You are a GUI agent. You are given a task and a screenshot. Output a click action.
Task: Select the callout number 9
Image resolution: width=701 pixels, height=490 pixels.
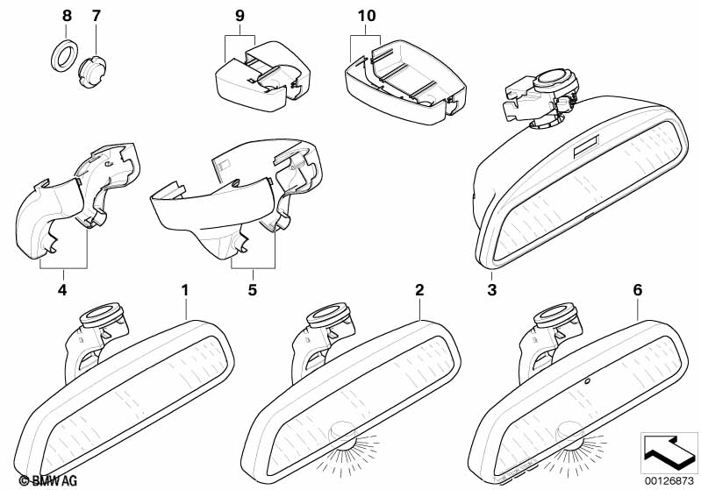point(240,16)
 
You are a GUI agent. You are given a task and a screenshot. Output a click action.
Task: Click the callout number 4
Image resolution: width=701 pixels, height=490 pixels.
point(61,288)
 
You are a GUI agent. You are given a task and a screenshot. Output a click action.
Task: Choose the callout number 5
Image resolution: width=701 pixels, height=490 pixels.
point(252,288)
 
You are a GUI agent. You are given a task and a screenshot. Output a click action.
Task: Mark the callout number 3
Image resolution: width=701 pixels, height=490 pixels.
point(492,288)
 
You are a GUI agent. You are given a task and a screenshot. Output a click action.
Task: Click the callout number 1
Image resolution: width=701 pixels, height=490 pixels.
point(184,288)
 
